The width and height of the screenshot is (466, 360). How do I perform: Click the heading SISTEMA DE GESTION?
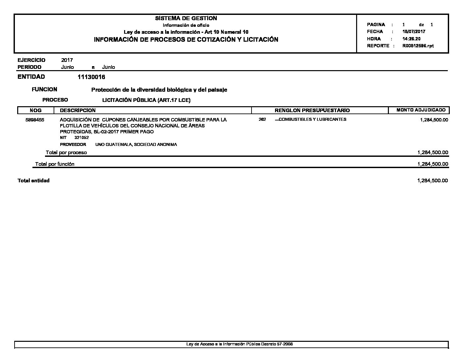click(186, 18)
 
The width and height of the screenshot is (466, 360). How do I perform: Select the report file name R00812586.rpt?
click(418, 46)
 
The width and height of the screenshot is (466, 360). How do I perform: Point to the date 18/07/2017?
click(414, 32)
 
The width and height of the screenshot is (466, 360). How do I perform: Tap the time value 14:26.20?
click(411, 39)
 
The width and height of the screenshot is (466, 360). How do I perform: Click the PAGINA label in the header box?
click(376, 24)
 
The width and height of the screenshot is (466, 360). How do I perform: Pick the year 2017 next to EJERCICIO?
click(67, 60)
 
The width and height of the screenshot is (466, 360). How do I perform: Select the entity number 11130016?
click(91, 77)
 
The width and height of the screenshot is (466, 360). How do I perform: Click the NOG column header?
click(35, 110)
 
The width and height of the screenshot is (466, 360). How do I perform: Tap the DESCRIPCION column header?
click(77, 110)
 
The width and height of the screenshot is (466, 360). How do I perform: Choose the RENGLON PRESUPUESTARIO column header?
click(312, 110)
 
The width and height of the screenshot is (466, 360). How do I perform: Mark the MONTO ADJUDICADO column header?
click(421, 110)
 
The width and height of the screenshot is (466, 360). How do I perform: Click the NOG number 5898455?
click(35, 120)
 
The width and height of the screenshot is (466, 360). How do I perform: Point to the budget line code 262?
click(262, 119)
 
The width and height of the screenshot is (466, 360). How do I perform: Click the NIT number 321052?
click(81, 138)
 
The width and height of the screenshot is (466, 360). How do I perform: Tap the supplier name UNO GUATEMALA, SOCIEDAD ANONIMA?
click(136, 145)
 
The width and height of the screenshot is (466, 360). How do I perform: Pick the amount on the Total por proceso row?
click(433, 153)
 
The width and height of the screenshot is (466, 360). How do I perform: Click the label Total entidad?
click(33, 181)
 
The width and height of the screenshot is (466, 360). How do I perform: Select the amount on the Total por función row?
click(433, 164)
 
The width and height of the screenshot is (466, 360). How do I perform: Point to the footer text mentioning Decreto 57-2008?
click(240, 344)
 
